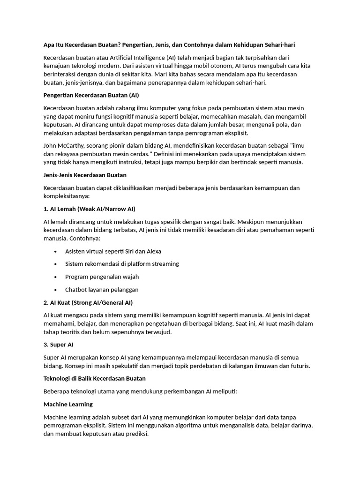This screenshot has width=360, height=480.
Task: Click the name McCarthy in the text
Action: coord(71,145)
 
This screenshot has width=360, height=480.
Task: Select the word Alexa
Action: coord(152,251)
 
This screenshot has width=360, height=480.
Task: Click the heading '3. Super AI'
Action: coord(58,345)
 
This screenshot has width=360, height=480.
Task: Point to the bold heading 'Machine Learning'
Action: coord(68,404)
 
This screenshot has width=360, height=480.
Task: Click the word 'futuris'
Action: coord(299,366)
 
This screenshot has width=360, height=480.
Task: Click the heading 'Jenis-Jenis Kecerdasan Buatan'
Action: coord(85,175)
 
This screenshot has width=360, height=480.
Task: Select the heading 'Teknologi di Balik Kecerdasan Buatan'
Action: coord(94,378)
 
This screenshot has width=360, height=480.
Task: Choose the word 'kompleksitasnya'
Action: coord(65,196)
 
